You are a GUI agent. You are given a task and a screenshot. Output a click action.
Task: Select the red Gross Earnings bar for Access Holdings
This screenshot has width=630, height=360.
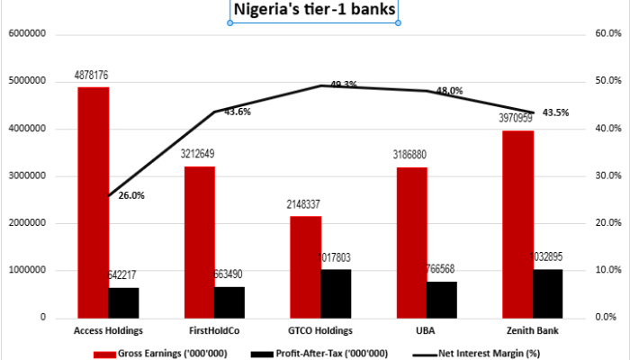94,202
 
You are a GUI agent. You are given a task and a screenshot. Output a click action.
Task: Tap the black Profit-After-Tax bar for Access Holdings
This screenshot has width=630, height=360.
123,302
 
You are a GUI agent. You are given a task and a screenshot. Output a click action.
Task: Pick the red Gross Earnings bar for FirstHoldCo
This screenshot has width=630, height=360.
200,241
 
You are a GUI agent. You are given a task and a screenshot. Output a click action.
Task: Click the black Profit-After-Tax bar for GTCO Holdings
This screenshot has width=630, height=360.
336,293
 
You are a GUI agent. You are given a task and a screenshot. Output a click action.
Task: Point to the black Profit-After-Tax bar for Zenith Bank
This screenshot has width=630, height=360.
547,293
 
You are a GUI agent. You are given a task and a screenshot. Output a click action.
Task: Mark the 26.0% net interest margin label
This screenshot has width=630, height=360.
130,195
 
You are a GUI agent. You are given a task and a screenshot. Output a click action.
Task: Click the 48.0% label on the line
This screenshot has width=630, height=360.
449,91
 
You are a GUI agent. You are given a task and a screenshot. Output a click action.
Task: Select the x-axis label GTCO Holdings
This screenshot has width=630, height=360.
320,331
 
